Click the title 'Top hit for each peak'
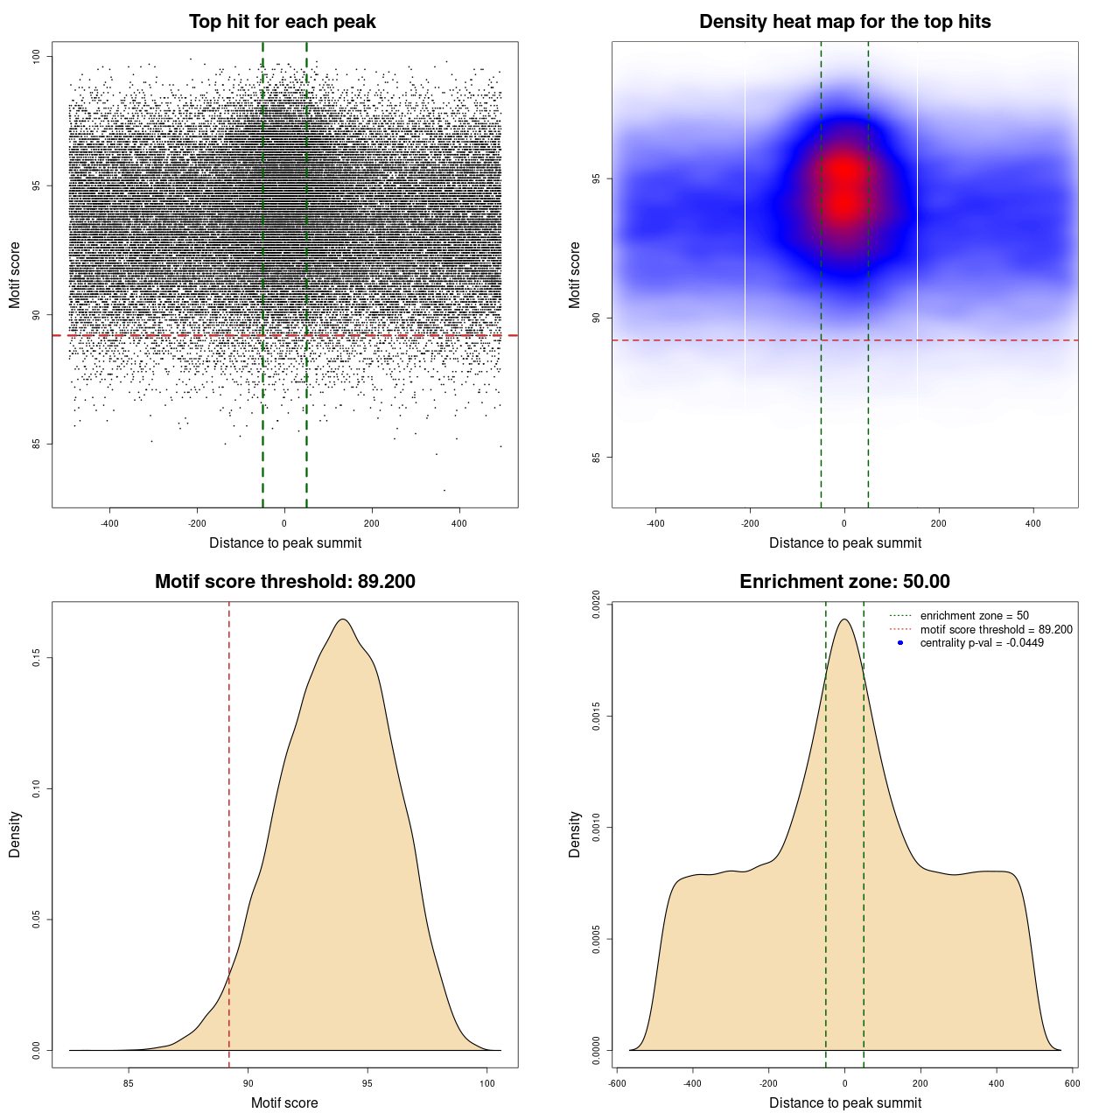tap(283, 22)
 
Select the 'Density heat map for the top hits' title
tap(844, 22)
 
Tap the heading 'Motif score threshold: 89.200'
tap(284, 582)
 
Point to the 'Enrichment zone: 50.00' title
tap(844, 582)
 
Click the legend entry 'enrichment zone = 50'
tap(974, 616)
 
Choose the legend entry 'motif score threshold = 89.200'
tap(996, 629)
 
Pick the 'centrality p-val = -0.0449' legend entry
tap(982, 643)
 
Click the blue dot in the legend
tap(900, 643)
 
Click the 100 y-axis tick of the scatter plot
tap(37, 56)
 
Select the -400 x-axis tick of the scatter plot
tap(109, 523)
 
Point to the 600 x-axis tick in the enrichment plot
tap(1072, 1083)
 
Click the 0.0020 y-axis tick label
tap(597, 604)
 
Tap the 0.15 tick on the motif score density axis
tap(37, 657)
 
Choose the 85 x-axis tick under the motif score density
tap(129, 1083)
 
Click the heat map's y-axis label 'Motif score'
tap(575, 275)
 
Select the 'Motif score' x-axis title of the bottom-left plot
tap(284, 1102)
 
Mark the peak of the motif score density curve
tap(343, 619)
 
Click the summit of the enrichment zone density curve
tap(844, 619)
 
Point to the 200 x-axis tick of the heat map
tap(939, 523)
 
